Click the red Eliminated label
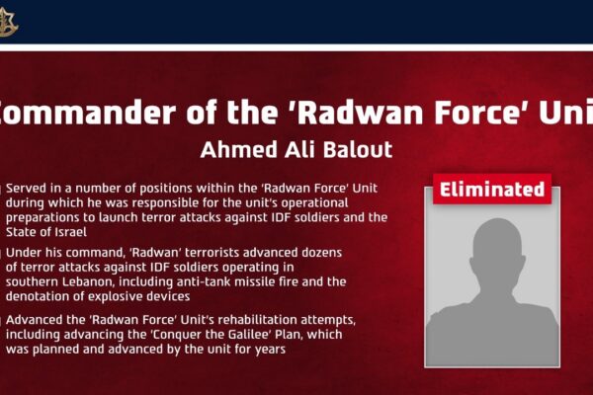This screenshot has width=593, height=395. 492,189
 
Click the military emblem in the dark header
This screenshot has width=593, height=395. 7,23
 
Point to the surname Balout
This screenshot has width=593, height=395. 358,149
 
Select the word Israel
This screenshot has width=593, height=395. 71,232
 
